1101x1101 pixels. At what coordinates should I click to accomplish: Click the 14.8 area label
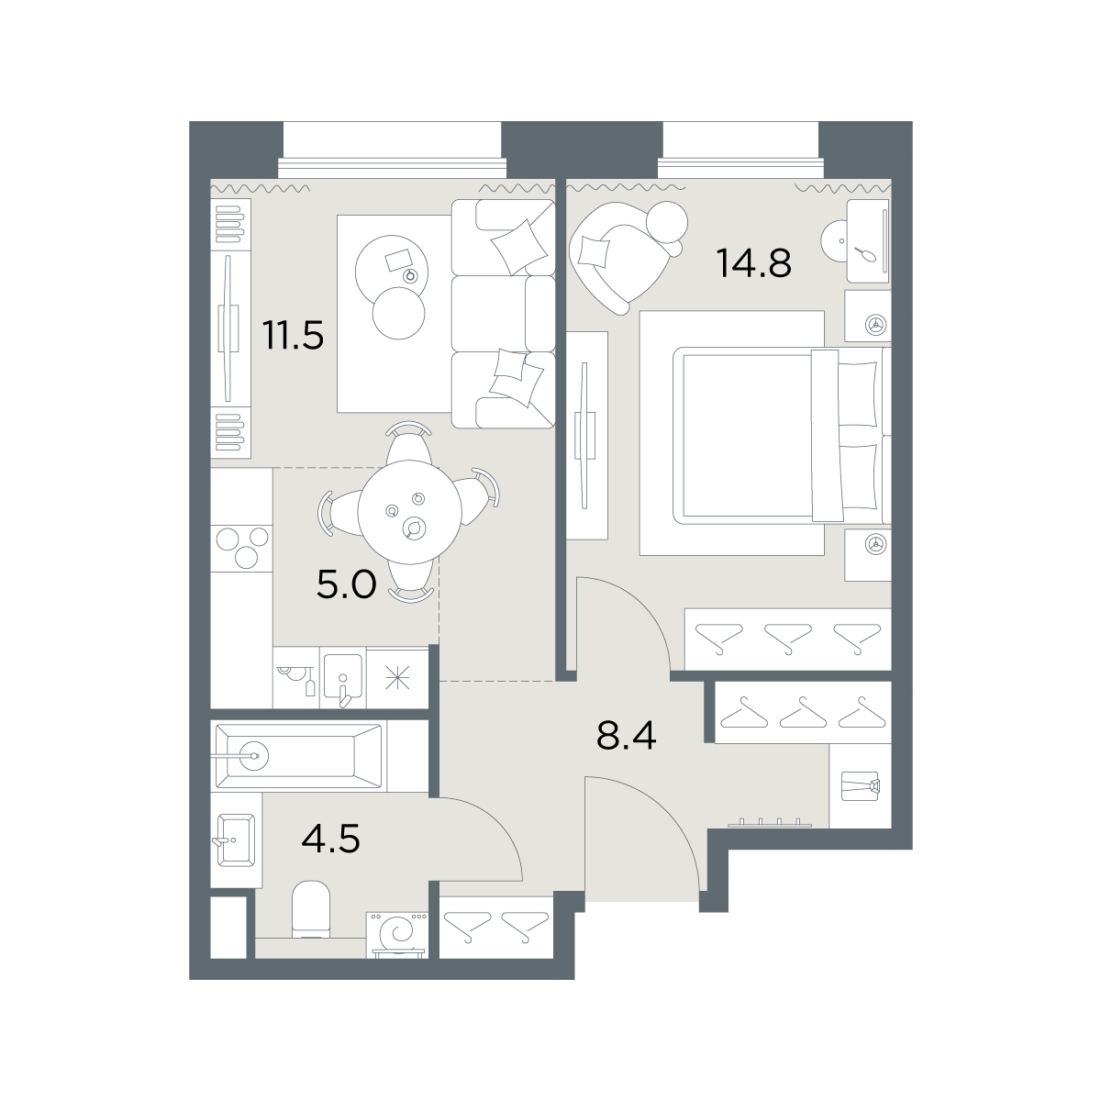753,263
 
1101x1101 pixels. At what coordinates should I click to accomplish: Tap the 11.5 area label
293,335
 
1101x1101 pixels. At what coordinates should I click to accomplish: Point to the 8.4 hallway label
627,735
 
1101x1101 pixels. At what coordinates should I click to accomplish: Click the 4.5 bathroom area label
331,840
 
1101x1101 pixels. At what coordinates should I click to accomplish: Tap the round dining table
409,512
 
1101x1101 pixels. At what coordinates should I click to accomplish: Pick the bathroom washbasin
235,840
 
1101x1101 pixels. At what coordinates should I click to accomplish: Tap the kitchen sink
343,678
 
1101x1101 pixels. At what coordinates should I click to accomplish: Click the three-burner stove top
241,547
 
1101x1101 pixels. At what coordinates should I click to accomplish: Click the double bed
781,436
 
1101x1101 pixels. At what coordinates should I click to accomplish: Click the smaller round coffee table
398,313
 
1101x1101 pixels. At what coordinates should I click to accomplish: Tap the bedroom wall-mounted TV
584,435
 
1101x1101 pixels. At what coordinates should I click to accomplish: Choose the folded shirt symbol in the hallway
860,786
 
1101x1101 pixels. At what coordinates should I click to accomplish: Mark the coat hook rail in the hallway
770,823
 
